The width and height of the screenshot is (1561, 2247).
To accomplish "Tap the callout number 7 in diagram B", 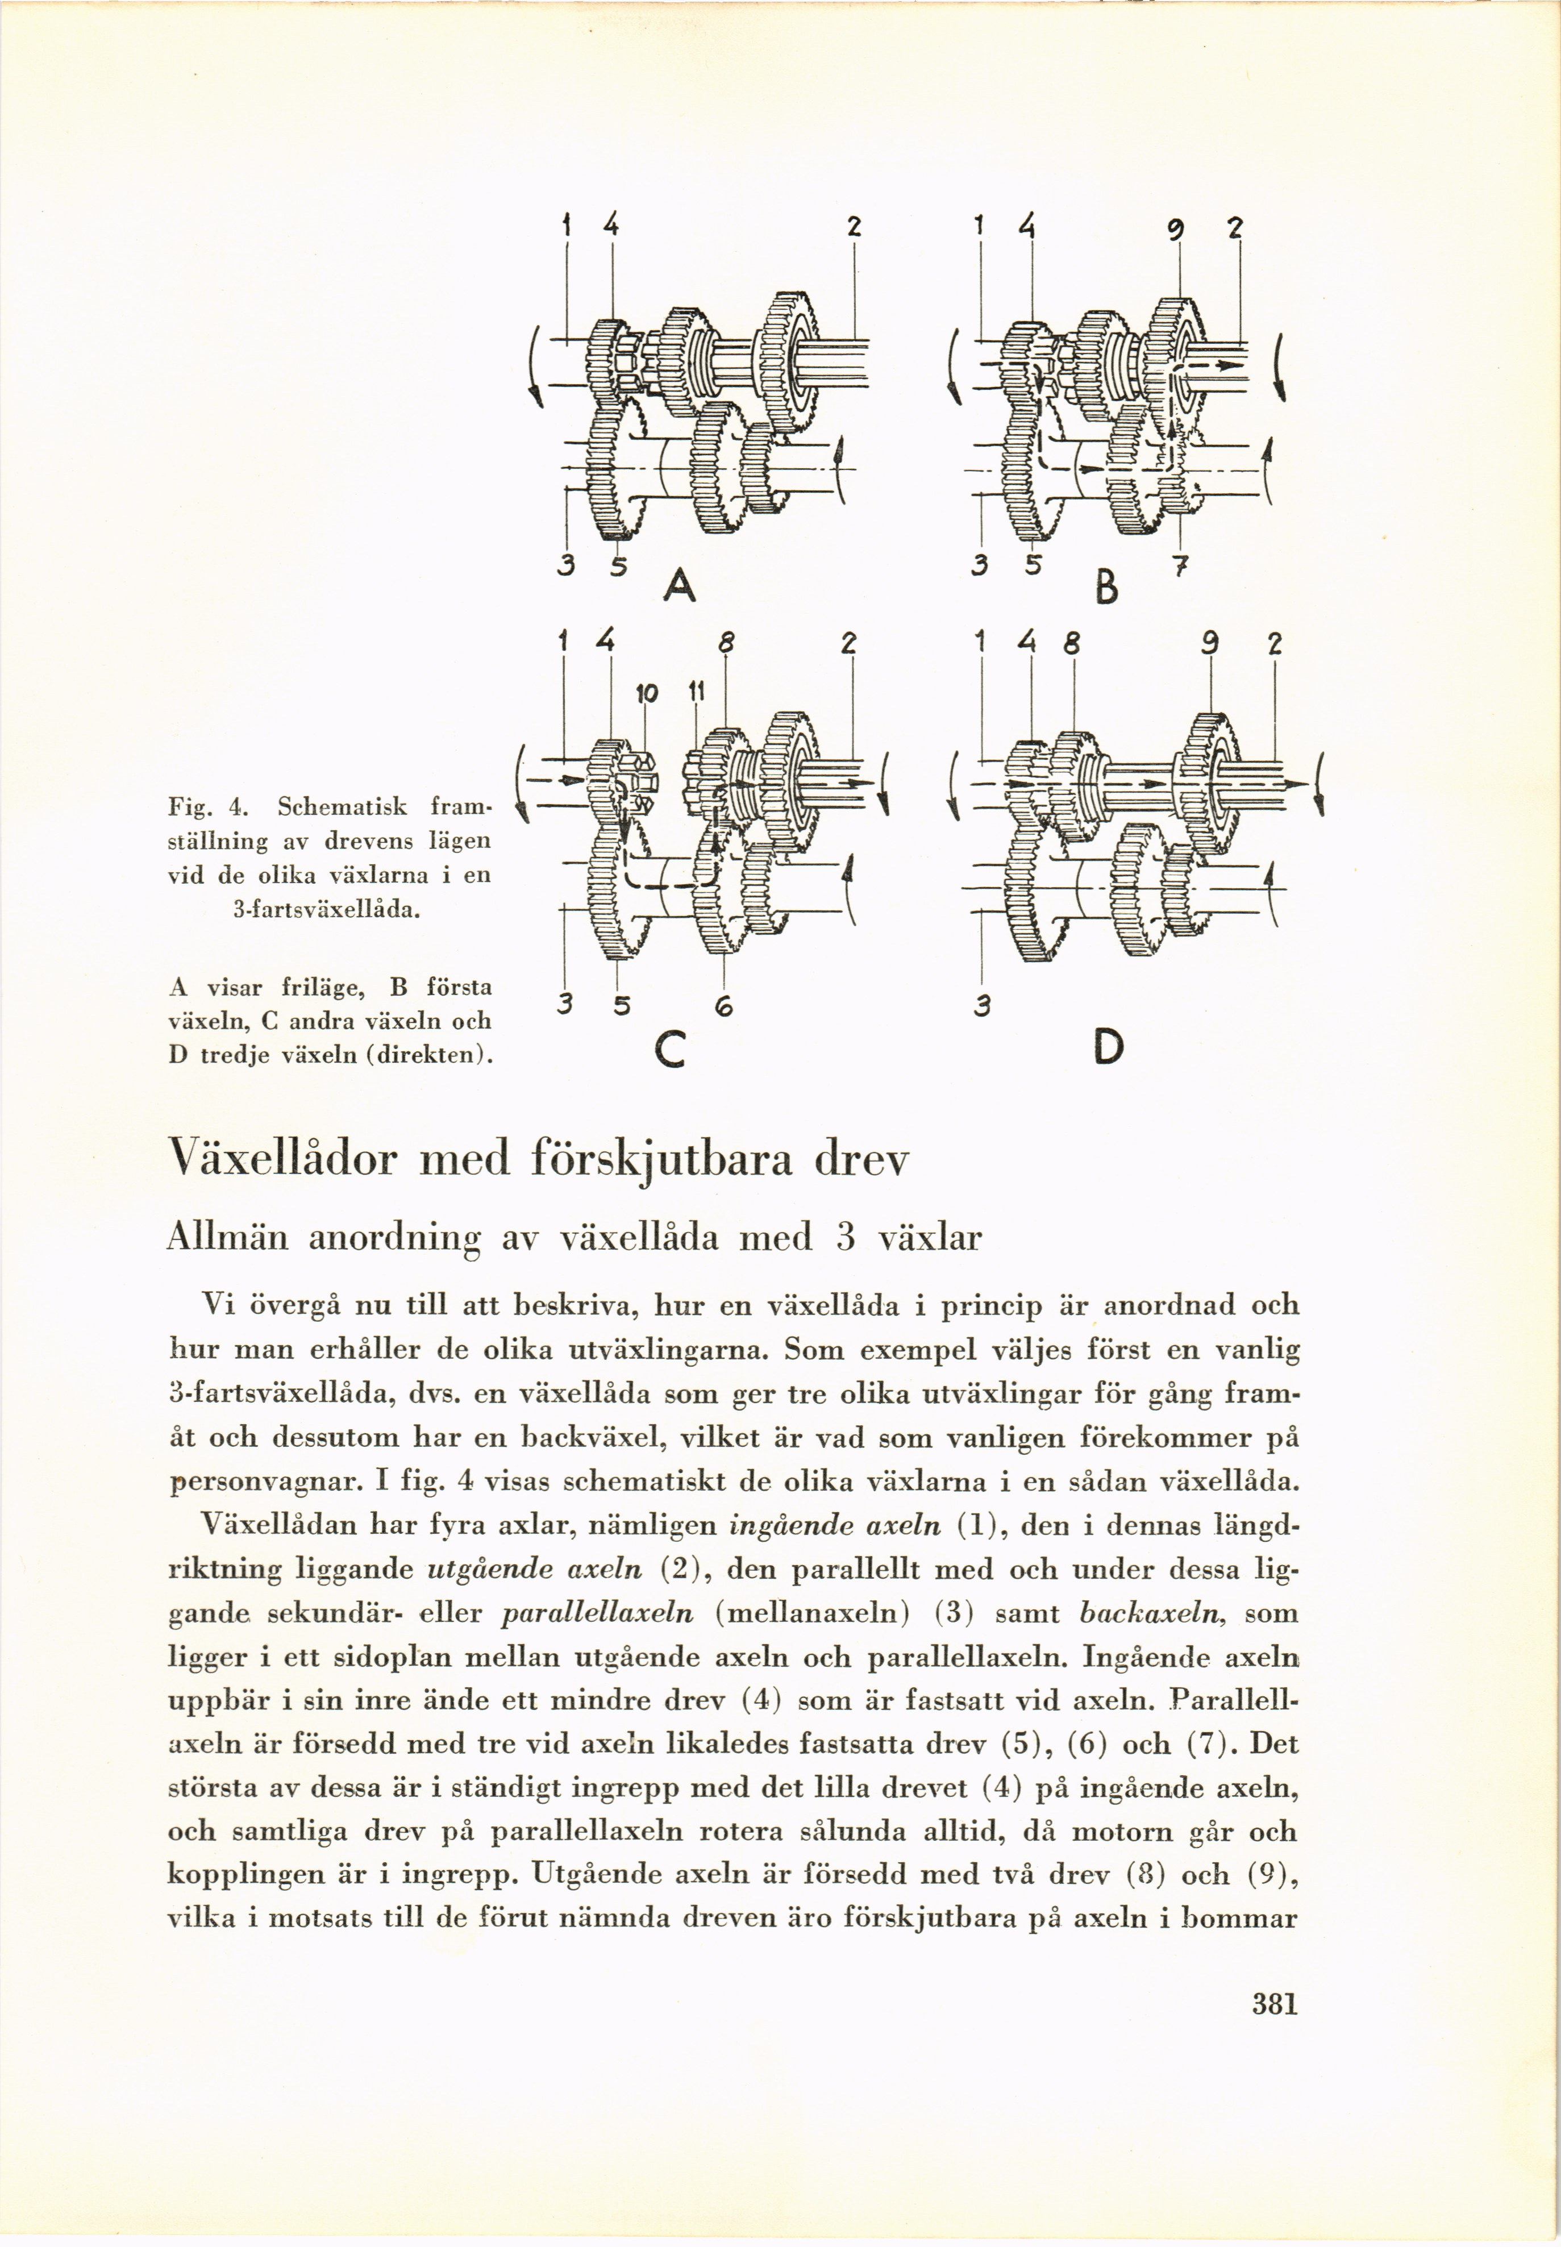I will click(1180, 567).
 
